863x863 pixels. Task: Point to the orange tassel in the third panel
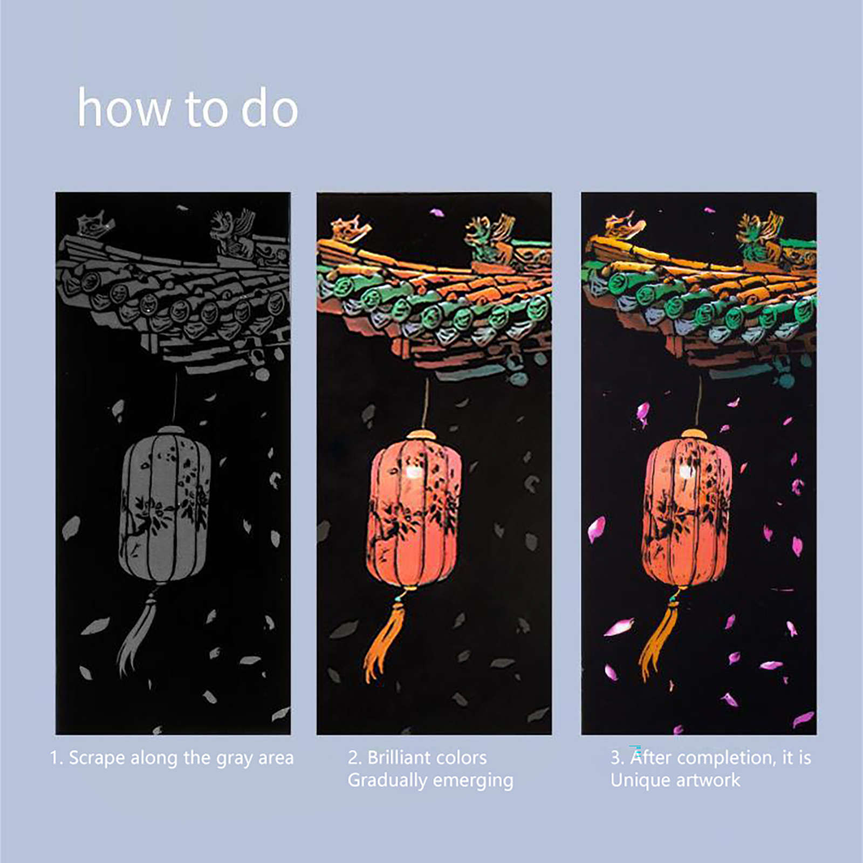[x=659, y=636]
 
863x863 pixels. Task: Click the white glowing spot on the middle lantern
[x=414, y=473]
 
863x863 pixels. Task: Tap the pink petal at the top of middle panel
[x=437, y=213]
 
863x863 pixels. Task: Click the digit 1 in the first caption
[x=54, y=758]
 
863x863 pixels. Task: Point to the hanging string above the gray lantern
[x=175, y=399]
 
